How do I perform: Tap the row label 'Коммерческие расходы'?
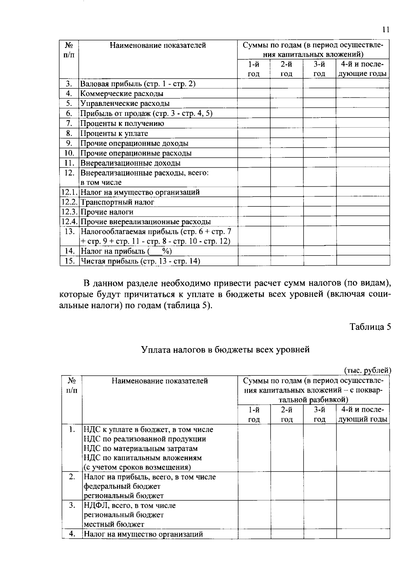coord(122,94)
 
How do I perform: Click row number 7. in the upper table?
coord(69,124)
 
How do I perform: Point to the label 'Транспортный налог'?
coord(117,202)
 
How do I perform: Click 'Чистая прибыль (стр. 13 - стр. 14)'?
coord(140,261)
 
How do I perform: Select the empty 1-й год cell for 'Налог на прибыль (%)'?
coord(254,251)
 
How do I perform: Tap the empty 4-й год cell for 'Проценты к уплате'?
coord(363,133)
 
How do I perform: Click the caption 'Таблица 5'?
coord(370,327)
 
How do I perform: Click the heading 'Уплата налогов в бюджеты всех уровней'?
coord(225,349)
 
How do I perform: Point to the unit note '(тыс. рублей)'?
coord(368,371)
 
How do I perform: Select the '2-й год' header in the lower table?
coord(287,414)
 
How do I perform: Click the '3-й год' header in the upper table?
coord(319,69)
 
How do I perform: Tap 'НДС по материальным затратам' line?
coord(140,448)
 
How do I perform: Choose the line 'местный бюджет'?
coord(114,524)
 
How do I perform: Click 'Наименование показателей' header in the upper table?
coord(158,45)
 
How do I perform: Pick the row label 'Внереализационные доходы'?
coord(130,163)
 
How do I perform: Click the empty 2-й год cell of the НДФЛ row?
coord(287,515)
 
